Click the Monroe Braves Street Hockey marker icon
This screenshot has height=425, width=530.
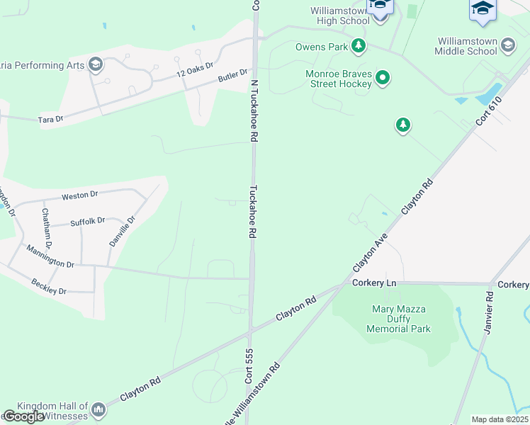[383, 78]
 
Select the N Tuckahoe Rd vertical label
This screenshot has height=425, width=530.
[252, 110]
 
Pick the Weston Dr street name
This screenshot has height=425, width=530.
[79, 195]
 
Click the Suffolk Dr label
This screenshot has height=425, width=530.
[87, 222]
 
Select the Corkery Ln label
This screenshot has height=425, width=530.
[373, 283]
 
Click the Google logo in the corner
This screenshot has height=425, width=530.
[23, 416]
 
